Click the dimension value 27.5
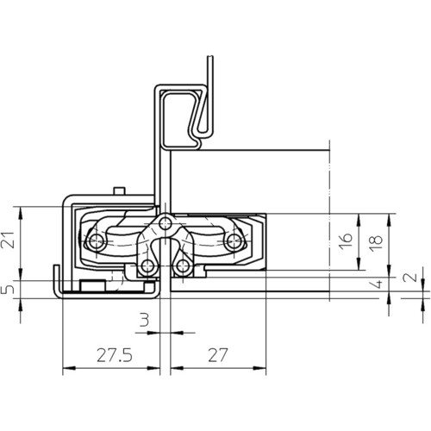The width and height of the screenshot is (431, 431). (115, 355)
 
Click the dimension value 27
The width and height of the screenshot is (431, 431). (218, 355)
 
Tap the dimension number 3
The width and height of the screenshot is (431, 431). (144, 320)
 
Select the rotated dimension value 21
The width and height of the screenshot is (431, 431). (9, 240)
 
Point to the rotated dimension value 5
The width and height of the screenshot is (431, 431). (7, 290)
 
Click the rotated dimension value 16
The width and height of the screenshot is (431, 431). (346, 241)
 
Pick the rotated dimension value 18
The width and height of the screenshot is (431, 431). (376, 243)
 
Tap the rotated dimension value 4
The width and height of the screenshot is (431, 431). (378, 284)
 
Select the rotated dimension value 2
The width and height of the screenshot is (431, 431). (412, 277)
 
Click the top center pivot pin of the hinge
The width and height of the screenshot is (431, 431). (165, 222)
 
